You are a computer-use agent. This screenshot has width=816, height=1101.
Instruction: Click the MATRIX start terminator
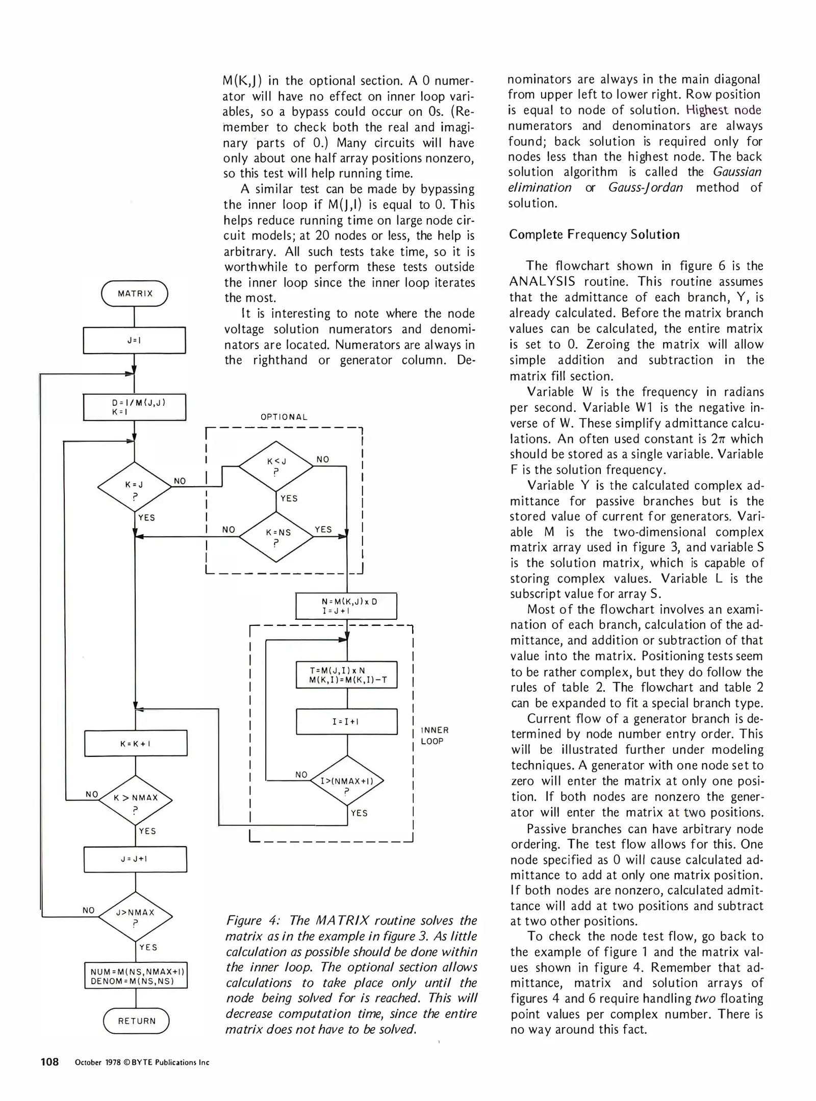coord(135,294)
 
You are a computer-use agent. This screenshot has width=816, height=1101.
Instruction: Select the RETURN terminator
coord(136,1020)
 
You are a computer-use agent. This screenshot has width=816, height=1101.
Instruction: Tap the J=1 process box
coord(134,340)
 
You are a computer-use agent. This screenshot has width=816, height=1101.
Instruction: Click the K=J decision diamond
coord(134,487)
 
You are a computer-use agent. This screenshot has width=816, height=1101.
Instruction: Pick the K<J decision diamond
coord(276,465)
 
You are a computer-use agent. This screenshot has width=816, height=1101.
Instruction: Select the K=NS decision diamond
coord(276,536)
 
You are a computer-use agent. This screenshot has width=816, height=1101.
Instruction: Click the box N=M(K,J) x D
coord(346,606)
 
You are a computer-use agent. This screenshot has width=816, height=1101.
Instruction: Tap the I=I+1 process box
coord(346,721)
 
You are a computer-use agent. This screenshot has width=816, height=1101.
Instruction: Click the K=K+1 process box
coord(136,743)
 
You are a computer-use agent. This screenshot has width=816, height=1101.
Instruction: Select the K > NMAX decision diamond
coord(135,800)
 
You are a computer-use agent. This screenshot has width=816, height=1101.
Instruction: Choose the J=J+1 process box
coord(135,859)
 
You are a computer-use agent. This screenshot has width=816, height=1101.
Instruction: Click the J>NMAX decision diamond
coord(135,916)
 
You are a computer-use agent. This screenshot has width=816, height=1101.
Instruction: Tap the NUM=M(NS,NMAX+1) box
coord(136,976)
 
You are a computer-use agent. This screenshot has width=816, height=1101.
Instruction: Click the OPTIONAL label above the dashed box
coord(284,417)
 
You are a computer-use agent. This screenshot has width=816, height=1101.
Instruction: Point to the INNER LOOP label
coord(434,736)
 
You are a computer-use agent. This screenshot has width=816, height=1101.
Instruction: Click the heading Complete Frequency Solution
coord(594,234)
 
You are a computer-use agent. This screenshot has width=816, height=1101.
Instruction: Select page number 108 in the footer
coord(50,1062)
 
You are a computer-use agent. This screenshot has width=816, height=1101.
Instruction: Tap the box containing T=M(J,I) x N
coord(346,675)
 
